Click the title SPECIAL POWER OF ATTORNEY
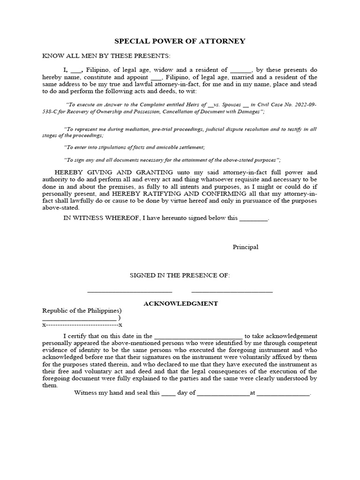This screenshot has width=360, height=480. (180, 41)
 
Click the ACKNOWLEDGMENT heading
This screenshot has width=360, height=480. (180, 304)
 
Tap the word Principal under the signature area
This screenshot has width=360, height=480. (245, 247)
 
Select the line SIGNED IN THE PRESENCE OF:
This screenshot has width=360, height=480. (180, 275)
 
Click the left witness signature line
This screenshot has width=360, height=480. (130, 292)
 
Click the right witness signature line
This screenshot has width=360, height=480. (232, 292)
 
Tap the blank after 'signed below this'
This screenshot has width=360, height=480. (254, 219)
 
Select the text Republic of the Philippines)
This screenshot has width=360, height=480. (82, 311)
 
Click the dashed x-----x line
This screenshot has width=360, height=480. (82, 325)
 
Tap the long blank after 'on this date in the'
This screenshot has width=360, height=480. (198, 337)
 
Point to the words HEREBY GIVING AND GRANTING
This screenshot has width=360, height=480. (114, 172)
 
